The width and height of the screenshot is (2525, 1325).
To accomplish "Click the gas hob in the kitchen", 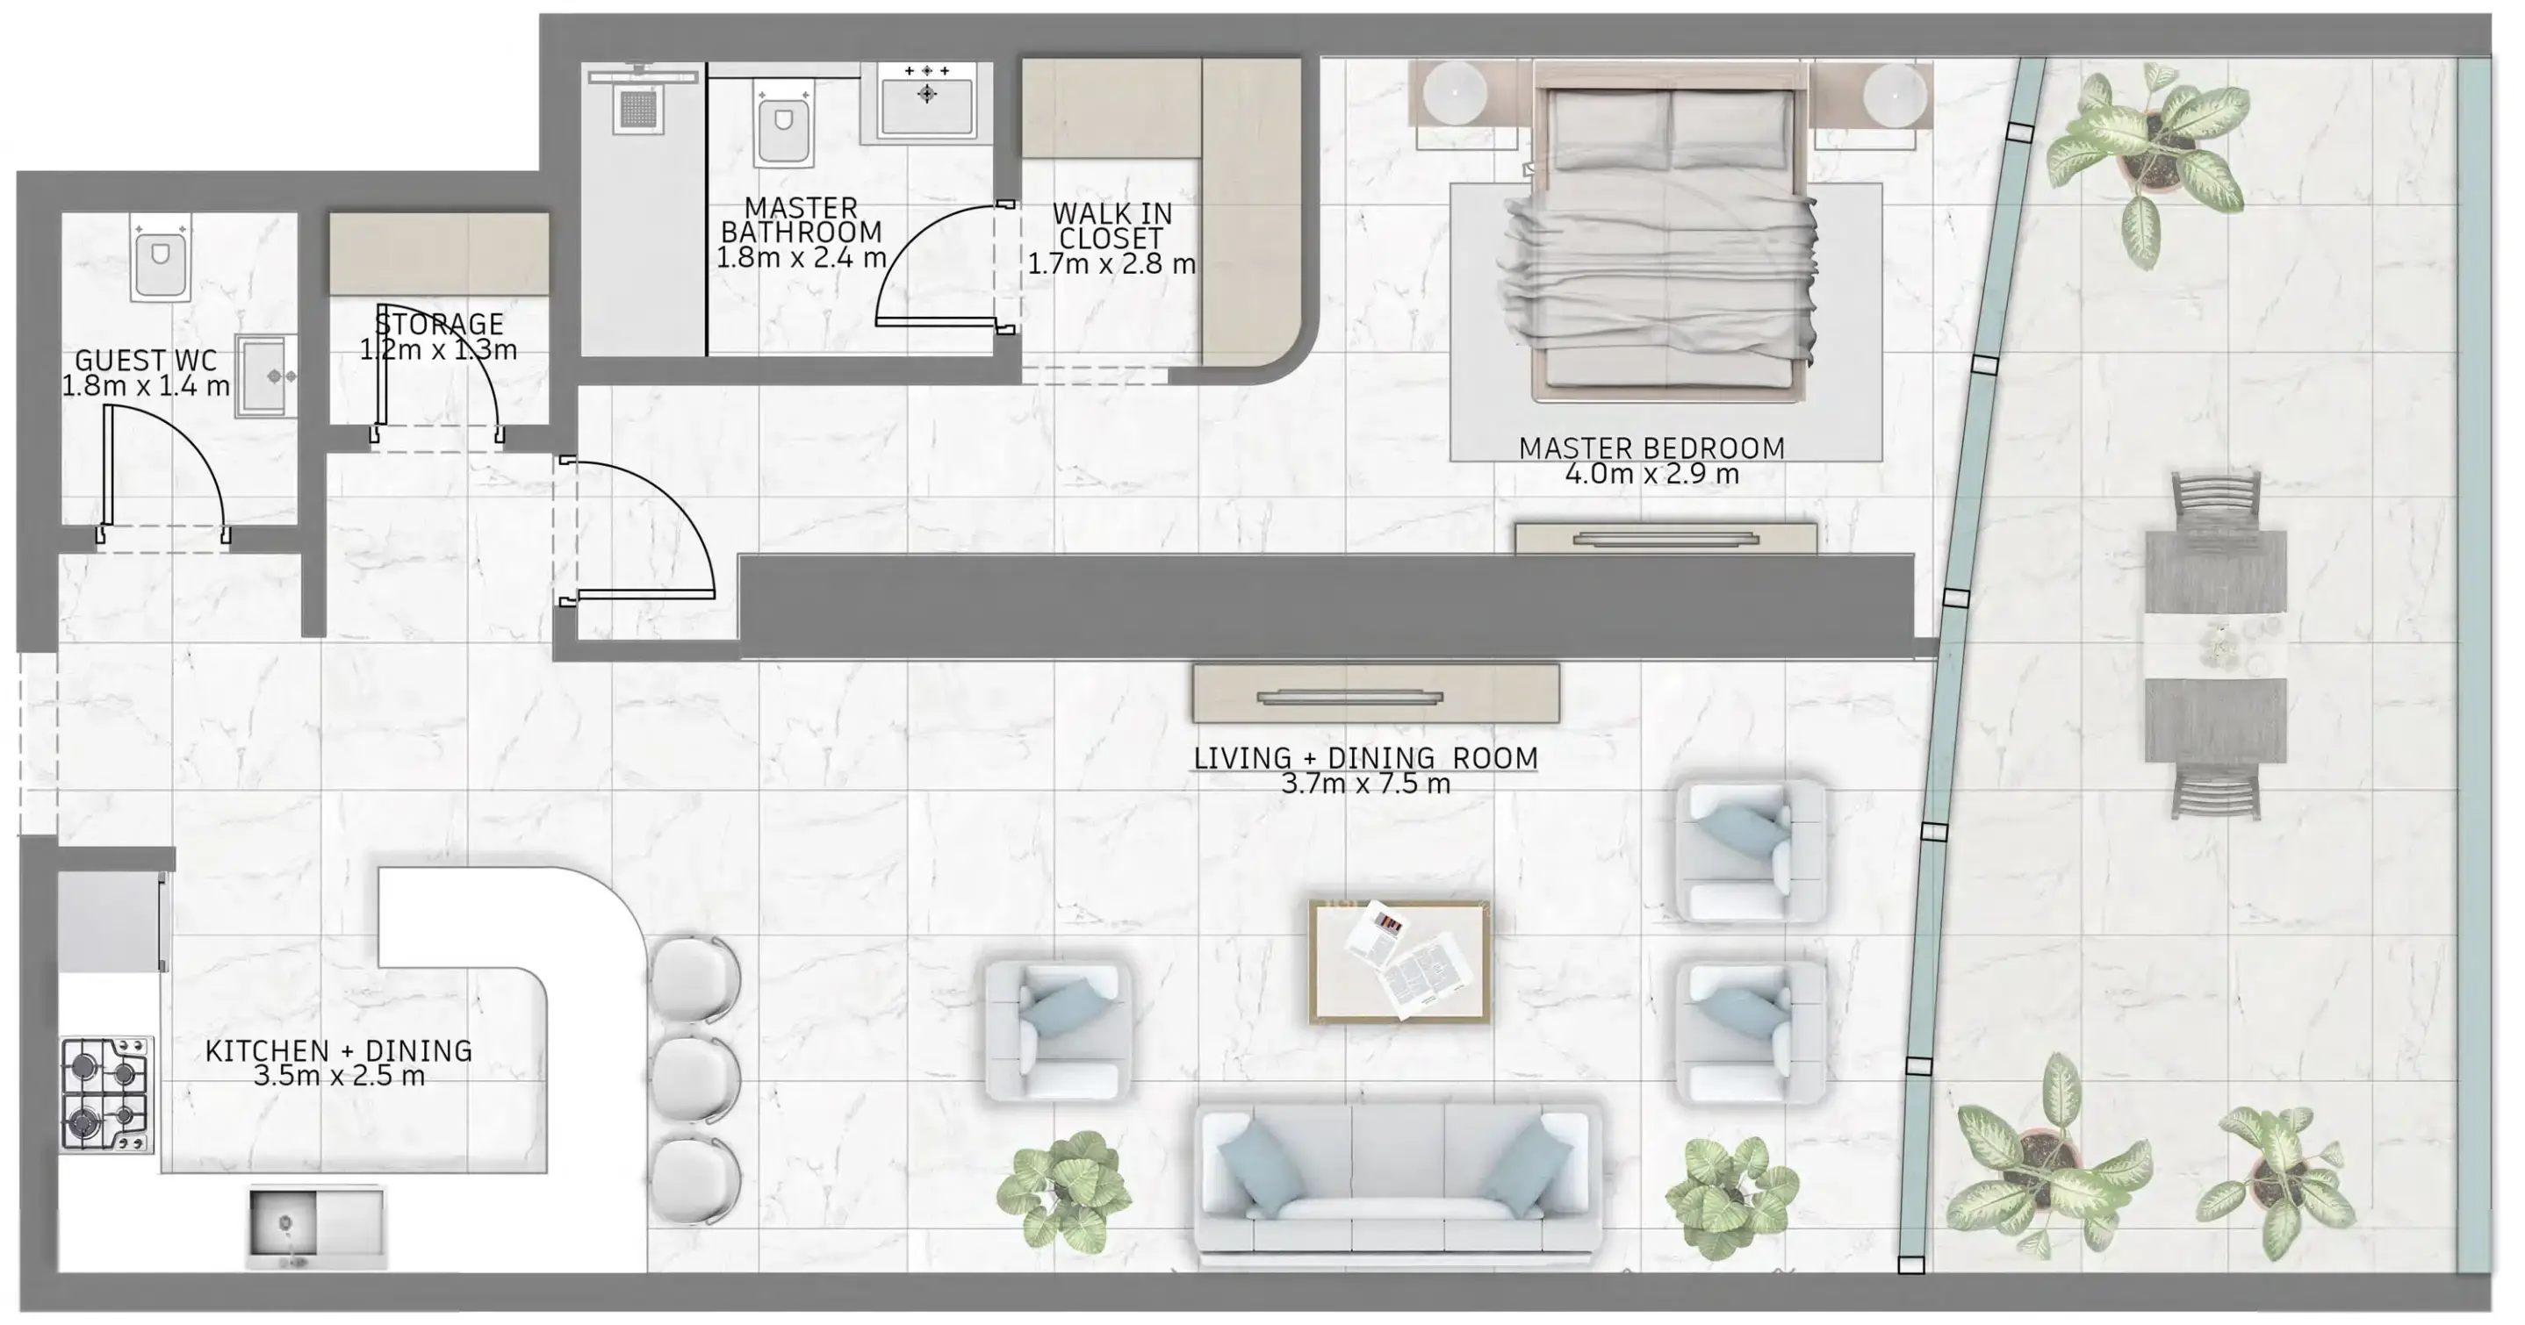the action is [107, 1093].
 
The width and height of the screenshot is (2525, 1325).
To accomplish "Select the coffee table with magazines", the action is [1399, 963].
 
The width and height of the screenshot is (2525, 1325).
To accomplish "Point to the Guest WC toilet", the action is [161, 260].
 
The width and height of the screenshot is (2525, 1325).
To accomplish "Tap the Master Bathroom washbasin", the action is [927, 98].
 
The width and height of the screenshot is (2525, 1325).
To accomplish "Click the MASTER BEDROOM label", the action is [1651, 448].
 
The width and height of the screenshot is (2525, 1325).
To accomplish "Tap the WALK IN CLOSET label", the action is [1111, 226].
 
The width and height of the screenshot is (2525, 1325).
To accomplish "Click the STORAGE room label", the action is [439, 324].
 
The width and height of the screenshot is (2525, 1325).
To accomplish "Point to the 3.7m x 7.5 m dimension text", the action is [1365, 783].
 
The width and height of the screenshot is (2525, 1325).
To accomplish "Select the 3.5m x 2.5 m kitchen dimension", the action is [339, 1076].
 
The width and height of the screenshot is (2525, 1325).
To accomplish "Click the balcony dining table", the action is [2215, 647].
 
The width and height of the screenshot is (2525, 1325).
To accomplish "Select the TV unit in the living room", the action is [1375, 694].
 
